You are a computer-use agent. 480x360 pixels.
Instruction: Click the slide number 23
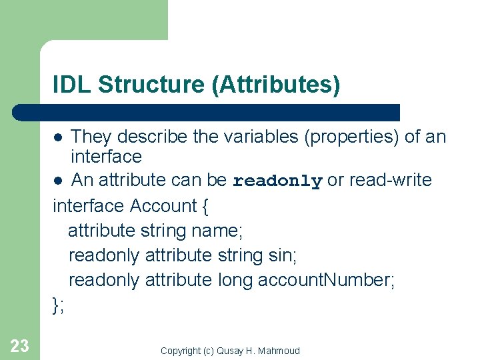click(20, 345)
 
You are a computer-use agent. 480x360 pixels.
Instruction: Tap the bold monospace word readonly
click(277, 181)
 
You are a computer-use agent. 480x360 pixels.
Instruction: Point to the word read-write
click(390, 180)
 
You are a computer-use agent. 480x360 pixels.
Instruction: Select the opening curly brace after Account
click(205, 206)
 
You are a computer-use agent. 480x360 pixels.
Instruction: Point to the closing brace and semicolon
click(58, 305)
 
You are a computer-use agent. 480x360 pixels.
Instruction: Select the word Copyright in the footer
click(179, 351)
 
